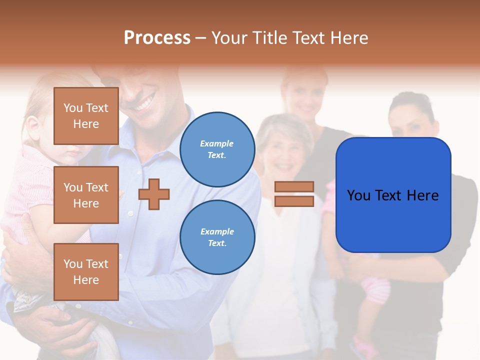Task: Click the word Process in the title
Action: [x=157, y=38]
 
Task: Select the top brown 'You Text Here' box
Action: [x=86, y=116]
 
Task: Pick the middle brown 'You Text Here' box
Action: [x=86, y=195]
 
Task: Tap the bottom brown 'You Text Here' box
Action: [x=86, y=271]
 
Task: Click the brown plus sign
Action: [x=154, y=194]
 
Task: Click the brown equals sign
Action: [x=294, y=194]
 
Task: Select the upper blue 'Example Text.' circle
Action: [x=217, y=149]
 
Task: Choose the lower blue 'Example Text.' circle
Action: [x=217, y=237]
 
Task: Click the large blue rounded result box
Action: [x=393, y=195]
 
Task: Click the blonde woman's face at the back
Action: [x=305, y=95]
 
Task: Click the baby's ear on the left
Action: [x=33, y=131]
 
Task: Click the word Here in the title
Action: [x=348, y=38]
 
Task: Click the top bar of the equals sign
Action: [x=294, y=187]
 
